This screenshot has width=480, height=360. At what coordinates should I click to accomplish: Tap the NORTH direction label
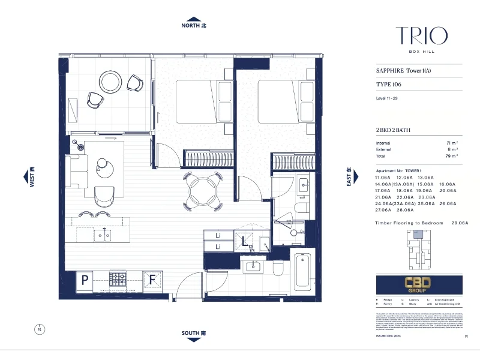coord(194,26)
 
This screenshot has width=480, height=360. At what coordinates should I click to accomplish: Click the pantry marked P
coord(85,278)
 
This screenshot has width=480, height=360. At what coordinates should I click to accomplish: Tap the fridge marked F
coord(152,278)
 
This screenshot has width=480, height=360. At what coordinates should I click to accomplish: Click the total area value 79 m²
coord(451,156)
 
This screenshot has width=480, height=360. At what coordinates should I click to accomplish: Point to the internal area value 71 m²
coord(451,143)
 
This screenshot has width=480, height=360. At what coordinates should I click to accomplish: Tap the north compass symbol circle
coord(40,329)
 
